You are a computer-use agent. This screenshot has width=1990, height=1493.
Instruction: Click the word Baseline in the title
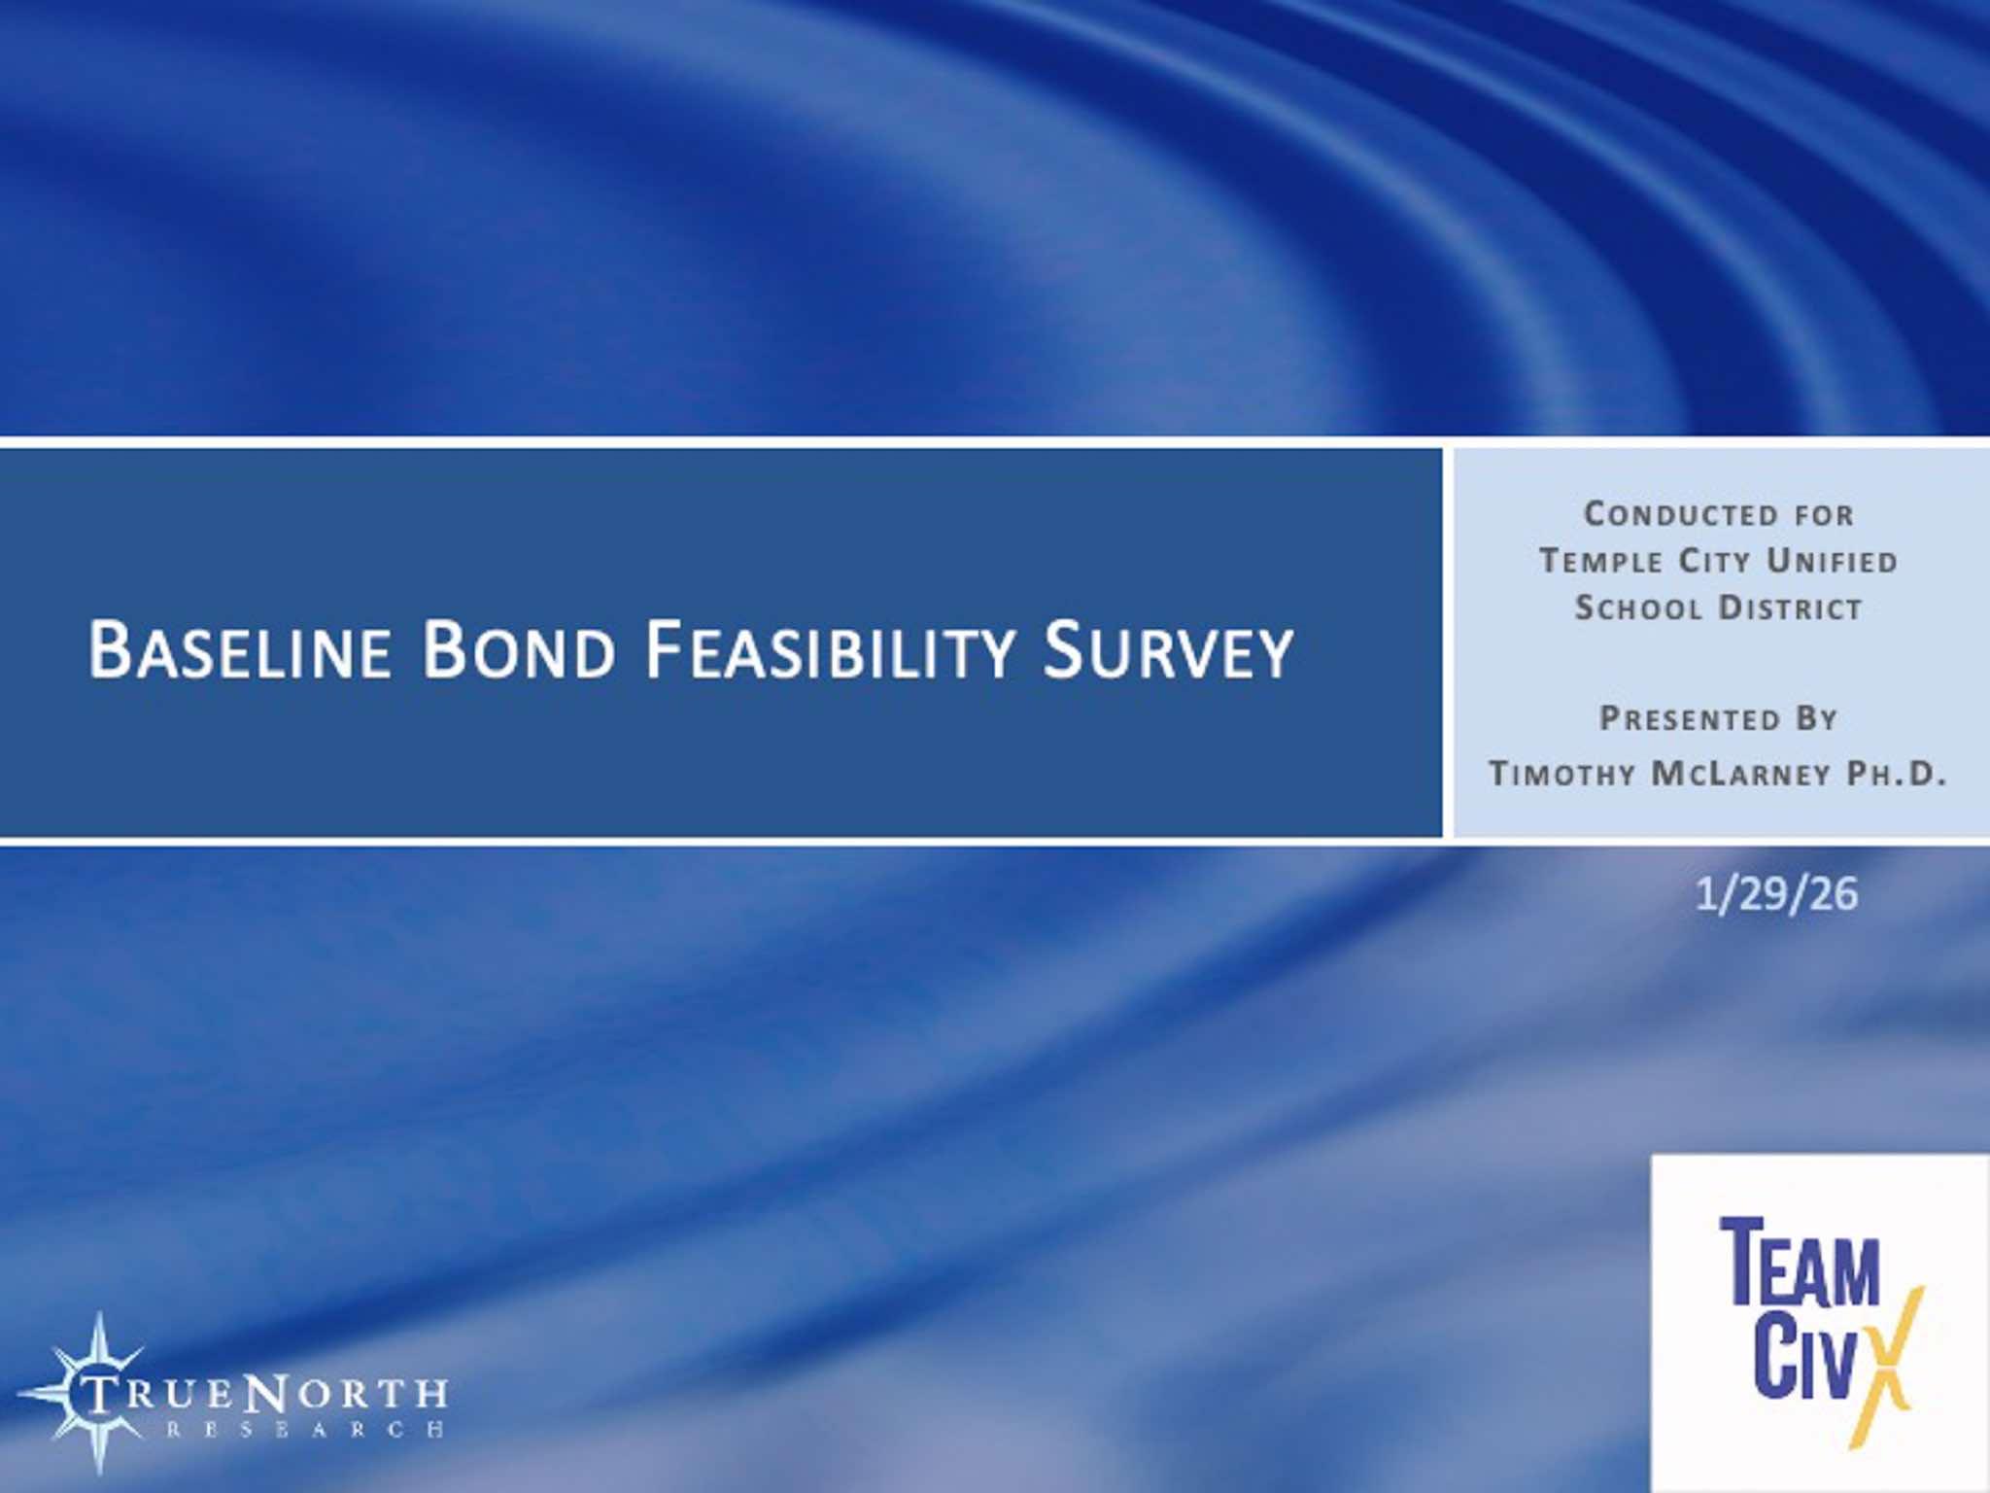tap(240, 649)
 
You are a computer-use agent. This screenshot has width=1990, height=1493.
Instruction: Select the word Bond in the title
tap(520, 649)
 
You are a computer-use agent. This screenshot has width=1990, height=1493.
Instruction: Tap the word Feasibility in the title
tap(831, 649)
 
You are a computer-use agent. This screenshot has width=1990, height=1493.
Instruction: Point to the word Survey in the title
tap(1168, 649)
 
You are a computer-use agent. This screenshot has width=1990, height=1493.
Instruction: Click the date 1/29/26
tap(1776, 894)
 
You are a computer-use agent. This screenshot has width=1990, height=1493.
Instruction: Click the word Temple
tap(1601, 561)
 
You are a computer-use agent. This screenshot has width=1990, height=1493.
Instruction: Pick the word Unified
tap(1832, 561)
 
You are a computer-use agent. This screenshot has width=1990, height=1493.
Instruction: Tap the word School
tap(1638, 608)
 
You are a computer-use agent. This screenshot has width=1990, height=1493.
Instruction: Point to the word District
tap(1791, 608)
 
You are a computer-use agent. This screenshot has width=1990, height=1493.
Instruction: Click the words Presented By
tap(1719, 718)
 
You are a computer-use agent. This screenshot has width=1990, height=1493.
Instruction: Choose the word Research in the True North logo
tap(305, 1429)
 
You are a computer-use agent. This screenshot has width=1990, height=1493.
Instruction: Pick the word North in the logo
tap(346, 1393)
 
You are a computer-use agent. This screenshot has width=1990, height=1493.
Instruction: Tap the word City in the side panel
tap(1715, 561)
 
